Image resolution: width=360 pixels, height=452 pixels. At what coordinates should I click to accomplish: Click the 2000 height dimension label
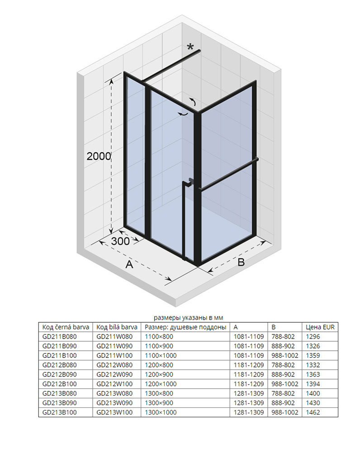pos(99,156)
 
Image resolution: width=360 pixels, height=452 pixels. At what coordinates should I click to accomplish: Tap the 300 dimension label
pos(120,241)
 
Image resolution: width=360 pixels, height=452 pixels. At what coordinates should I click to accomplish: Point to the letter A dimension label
pos(129,264)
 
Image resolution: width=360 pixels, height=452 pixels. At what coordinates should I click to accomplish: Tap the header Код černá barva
pos(66,327)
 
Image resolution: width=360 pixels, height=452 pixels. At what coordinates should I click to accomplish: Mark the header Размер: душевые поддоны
pos(179,327)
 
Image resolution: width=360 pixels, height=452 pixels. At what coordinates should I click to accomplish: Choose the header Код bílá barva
pos(117,327)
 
